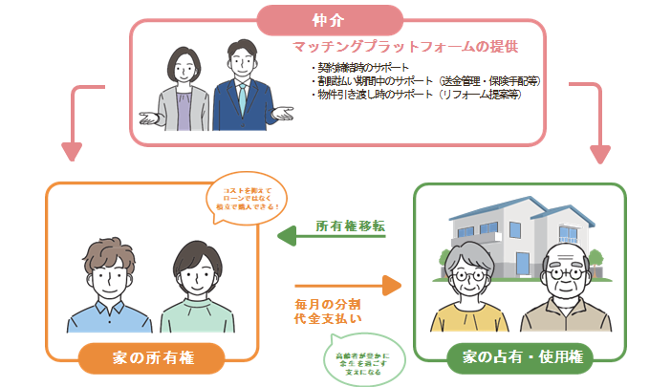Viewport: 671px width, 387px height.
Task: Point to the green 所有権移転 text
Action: point(350,226)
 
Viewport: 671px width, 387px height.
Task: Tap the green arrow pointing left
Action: point(331,238)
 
